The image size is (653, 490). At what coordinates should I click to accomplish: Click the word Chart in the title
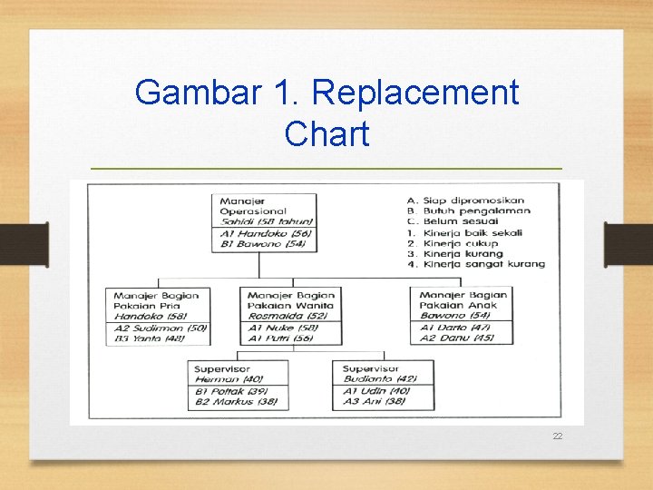pos(326,133)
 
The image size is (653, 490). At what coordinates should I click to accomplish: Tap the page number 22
pos(558,436)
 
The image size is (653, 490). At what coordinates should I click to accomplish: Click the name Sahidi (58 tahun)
pos(266,221)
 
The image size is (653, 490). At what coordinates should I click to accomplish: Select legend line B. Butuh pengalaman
pos(469,211)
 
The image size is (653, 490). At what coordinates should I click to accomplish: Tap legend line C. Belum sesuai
pos(455,221)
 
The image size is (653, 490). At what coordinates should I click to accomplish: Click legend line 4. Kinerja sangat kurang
pos(476,264)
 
